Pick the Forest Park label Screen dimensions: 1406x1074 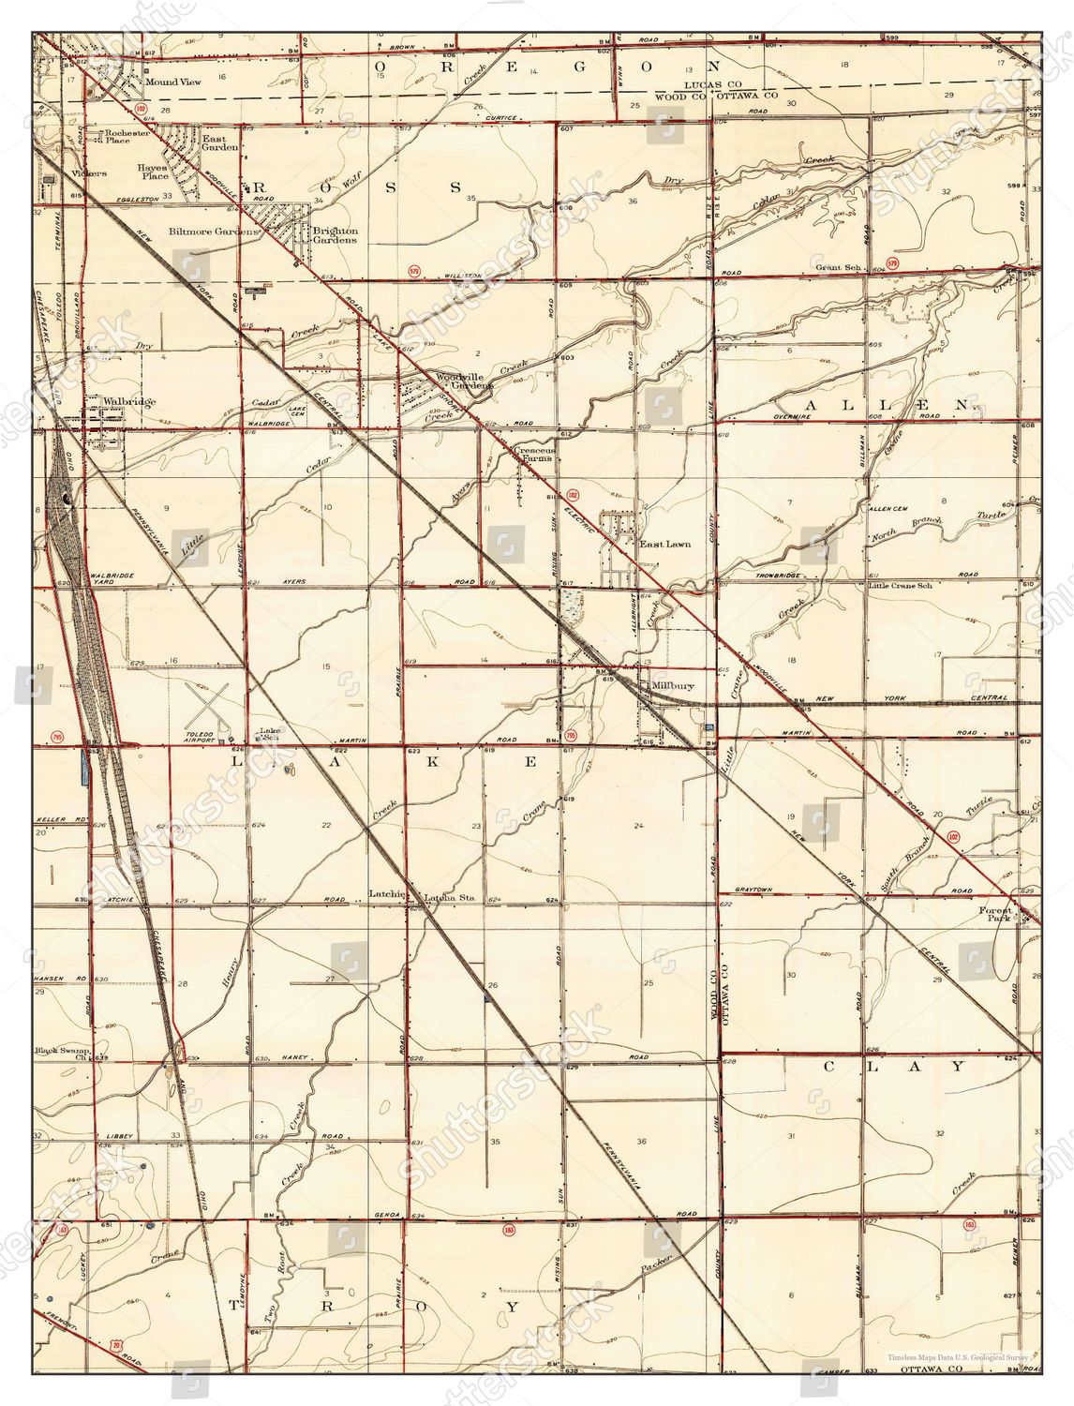click(996, 914)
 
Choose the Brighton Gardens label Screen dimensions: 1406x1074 click(336, 235)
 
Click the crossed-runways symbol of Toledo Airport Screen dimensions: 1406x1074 click(214, 699)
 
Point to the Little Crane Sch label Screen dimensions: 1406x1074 click(900, 586)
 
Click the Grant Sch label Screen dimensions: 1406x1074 click(837, 267)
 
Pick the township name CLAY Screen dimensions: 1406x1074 click(894, 1067)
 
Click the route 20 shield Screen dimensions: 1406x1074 click(116, 1346)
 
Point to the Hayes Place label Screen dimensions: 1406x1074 click(154, 172)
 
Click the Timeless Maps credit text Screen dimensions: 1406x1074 click(960, 1356)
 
